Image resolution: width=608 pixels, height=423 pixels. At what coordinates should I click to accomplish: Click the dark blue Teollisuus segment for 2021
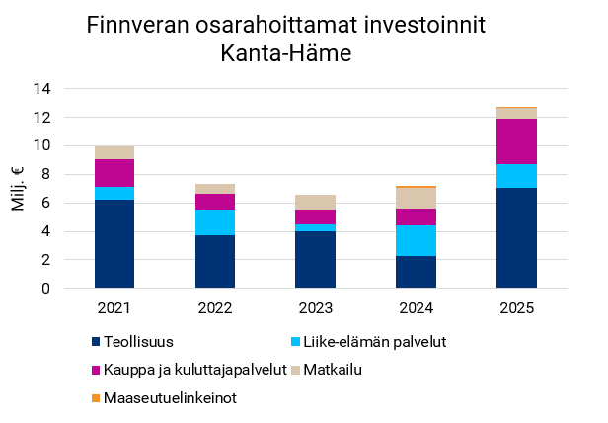tap(114, 244)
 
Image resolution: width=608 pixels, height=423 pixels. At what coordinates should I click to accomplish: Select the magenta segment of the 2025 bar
tap(516, 141)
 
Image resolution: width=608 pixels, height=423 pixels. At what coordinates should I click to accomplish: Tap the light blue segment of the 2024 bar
tap(416, 240)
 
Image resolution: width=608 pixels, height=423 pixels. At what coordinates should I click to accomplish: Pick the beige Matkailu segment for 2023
tap(316, 202)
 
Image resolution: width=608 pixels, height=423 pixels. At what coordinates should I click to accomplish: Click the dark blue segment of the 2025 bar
tap(516, 238)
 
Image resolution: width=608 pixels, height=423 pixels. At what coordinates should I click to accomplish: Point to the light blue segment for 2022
tap(215, 222)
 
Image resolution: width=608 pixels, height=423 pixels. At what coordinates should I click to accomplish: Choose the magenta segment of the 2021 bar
tap(114, 173)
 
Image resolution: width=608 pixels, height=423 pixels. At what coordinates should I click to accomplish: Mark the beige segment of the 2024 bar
tap(416, 198)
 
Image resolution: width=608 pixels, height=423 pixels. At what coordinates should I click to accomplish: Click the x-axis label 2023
tap(316, 308)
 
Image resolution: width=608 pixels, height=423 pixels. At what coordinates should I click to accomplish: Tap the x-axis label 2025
tap(516, 308)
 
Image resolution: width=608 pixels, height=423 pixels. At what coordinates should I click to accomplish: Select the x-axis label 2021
tap(114, 308)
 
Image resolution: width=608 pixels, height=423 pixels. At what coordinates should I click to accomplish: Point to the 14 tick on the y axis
tap(42, 89)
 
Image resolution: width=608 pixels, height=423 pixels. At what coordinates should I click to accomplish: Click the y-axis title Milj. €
tap(19, 188)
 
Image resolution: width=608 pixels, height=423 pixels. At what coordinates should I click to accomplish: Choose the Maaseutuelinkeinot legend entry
tap(169, 398)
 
